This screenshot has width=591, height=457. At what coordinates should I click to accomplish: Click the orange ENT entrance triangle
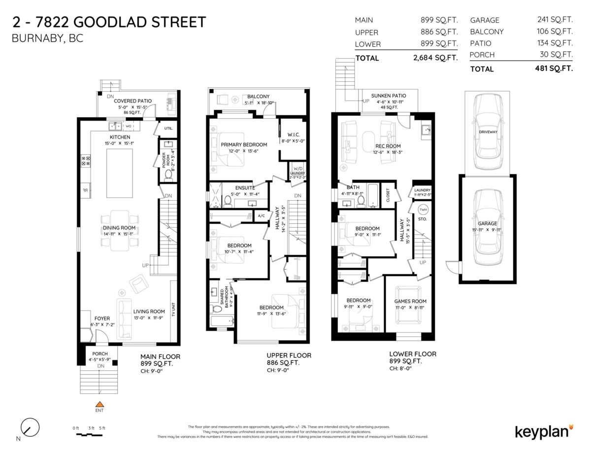(x=99, y=404)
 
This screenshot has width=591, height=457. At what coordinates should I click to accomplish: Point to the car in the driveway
(x=488, y=132)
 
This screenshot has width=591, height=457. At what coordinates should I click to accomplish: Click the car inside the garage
(x=488, y=227)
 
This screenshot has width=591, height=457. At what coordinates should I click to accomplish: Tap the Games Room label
(x=410, y=301)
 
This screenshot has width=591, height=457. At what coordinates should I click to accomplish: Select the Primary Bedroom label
(x=244, y=144)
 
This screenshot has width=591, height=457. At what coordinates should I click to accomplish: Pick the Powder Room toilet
(x=167, y=175)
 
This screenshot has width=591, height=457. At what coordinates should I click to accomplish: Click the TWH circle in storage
(x=423, y=209)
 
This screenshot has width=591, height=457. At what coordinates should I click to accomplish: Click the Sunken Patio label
(x=389, y=96)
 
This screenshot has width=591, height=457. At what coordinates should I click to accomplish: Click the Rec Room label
(x=388, y=146)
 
